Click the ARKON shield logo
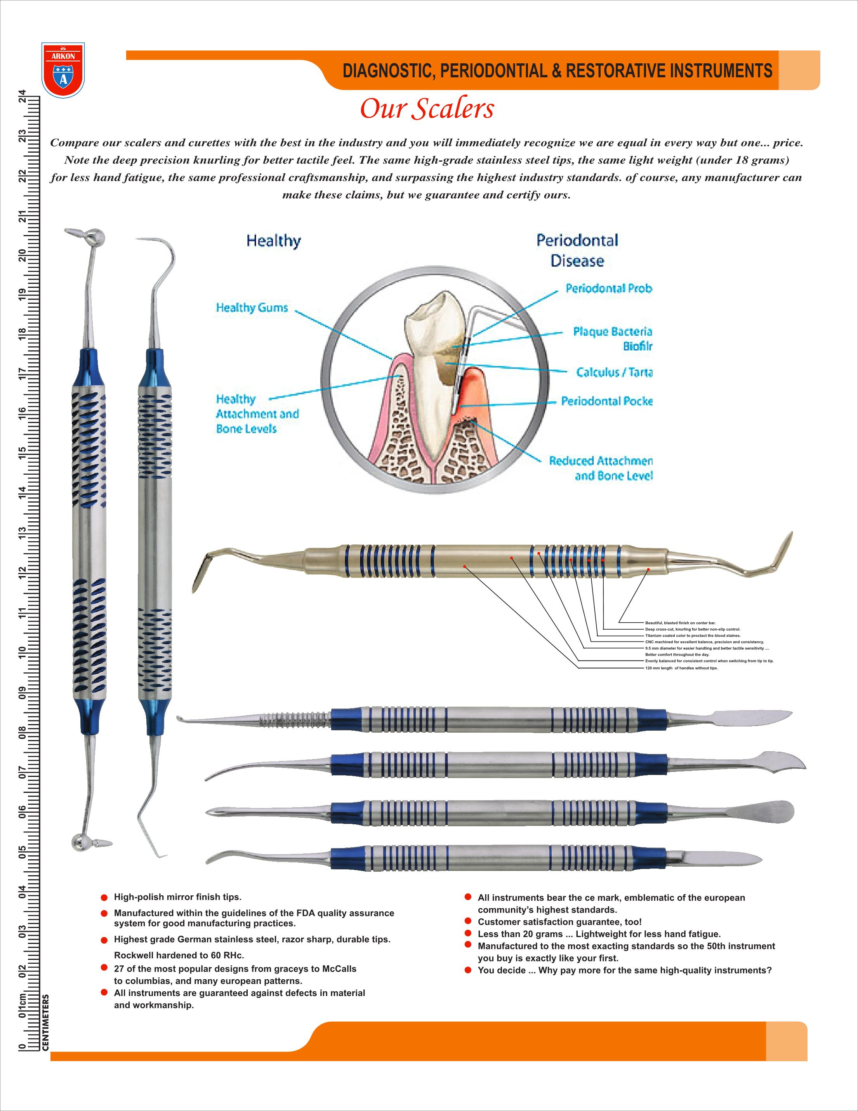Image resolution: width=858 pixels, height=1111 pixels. click(x=63, y=70)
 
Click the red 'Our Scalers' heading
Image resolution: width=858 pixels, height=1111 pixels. click(x=427, y=109)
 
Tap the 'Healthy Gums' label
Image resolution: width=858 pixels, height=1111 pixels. click(x=252, y=307)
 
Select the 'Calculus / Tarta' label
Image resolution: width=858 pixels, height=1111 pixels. click(x=614, y=373)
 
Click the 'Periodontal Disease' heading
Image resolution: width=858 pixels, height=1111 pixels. click(x=577, y=250)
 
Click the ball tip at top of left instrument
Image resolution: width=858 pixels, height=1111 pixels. click(x=95, y=237)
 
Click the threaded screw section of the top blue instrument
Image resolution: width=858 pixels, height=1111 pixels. click(x=295, y=719)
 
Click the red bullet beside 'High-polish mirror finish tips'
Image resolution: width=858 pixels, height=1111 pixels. click(x=104, y=898)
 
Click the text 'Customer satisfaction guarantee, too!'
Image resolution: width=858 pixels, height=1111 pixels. click(x=559, y=922)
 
